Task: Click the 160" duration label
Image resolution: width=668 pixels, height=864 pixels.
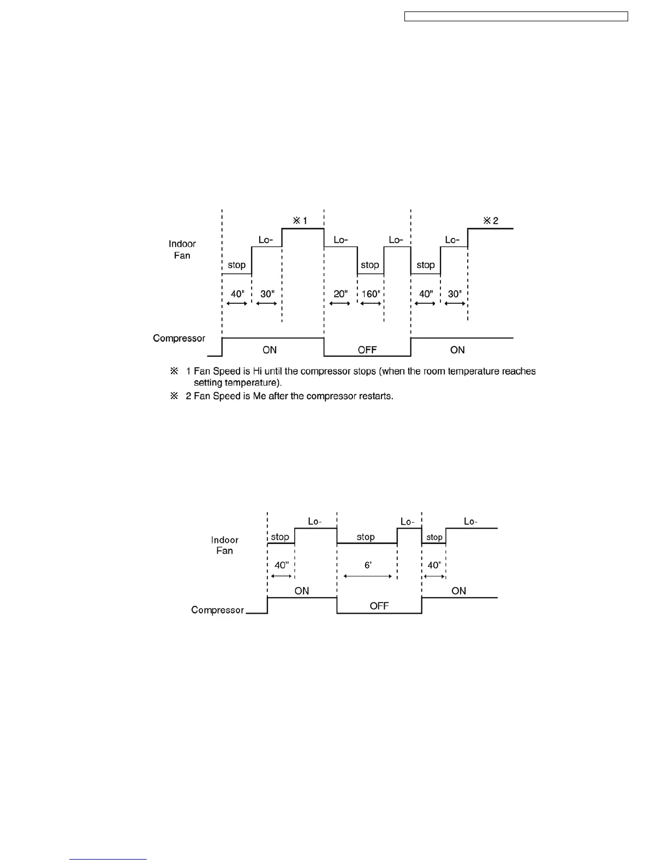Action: point(370,294)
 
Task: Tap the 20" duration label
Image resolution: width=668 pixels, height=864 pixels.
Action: point(341,294)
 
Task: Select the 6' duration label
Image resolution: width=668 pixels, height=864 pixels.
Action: point(368,565)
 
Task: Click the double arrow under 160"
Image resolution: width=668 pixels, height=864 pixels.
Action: point(371,303)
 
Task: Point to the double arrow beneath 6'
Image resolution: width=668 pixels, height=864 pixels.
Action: point(368,575)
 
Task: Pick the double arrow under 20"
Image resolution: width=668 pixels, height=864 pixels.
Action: point(340,303)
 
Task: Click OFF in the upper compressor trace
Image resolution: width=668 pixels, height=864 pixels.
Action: point(367,350)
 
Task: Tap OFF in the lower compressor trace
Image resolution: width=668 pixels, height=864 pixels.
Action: point(379,606)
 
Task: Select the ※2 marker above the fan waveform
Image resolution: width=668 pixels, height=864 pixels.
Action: point(491,221)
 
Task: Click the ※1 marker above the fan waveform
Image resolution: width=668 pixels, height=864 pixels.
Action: point(300,220)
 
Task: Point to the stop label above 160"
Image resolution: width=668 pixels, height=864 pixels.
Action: point(370,265)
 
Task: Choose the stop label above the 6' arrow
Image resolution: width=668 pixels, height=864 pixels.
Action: point(366,537)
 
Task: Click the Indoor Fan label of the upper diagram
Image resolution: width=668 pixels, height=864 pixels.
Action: point(182,249)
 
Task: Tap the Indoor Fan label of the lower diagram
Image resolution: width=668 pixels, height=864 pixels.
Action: point(225,545)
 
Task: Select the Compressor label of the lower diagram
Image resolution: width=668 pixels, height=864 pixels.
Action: point(217,610)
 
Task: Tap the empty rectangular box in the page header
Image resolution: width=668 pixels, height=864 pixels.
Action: point(516,17)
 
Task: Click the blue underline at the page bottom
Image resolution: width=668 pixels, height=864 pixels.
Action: point(108,859)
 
